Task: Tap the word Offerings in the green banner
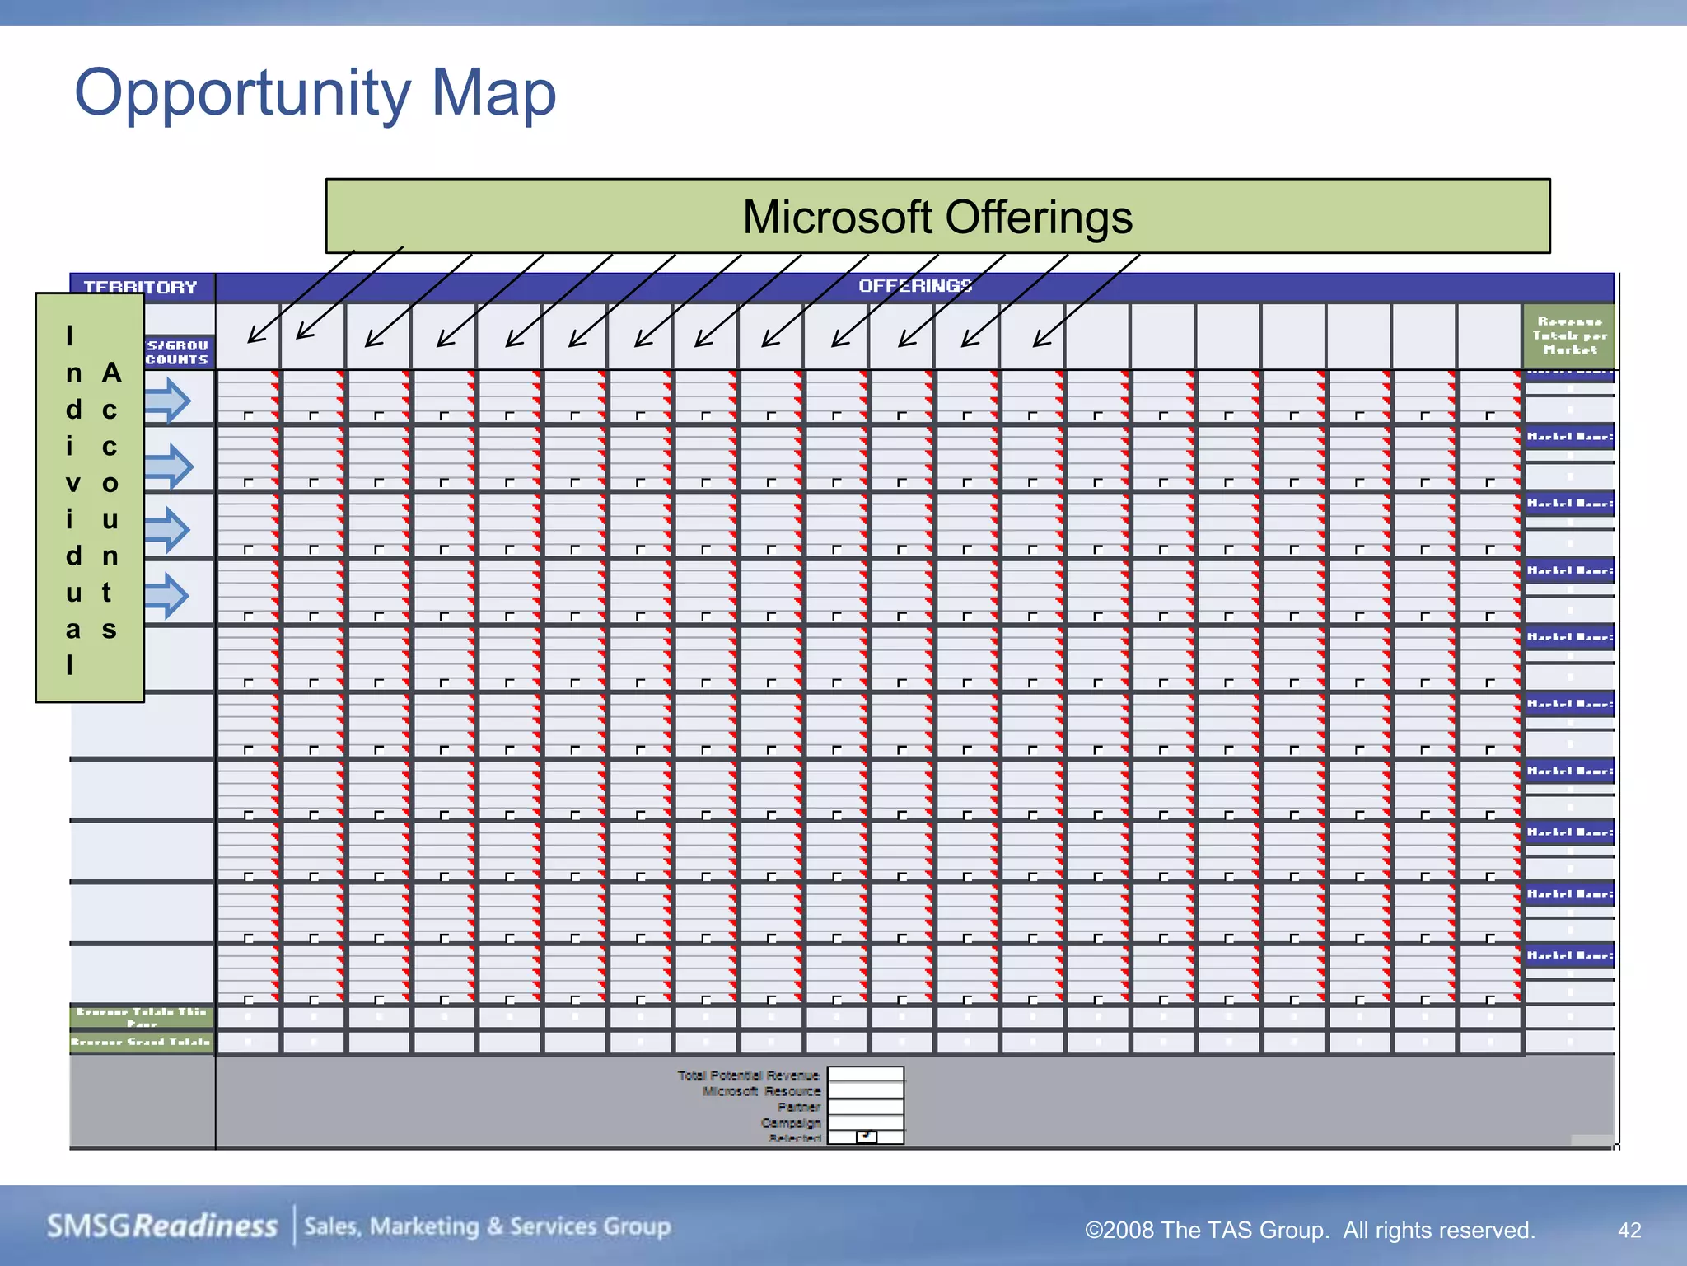tap(1039, 218)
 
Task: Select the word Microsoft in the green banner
tap(838, 218)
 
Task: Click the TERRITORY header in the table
tap(141, 287)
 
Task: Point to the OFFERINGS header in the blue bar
tap(915, 286)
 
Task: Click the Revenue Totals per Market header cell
tap(1569, 335)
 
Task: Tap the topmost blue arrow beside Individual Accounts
tap(168, 401)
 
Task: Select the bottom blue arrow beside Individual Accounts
tap(167, 595)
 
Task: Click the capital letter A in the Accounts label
tap(111, 373)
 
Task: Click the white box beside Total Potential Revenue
tap(865, 1074)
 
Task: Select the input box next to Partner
tap(865, 1107)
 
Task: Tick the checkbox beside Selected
tap(866, 1137)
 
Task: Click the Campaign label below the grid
tap(790, 1123)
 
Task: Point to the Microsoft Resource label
tap(761, 1091)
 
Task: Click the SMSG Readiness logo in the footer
tap(162, 1226)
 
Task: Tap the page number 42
tap(1629, 1230)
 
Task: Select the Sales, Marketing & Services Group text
tap(488, 1226)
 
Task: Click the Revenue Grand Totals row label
tap(141, 1042)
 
